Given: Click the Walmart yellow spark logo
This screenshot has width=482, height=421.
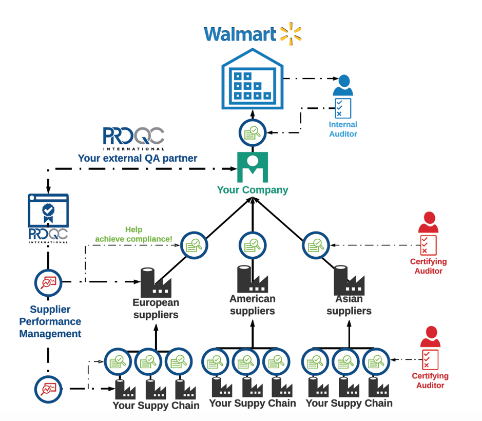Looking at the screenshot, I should (x=291, y=32).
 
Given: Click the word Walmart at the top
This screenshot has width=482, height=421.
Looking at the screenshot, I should (x=240, y=34).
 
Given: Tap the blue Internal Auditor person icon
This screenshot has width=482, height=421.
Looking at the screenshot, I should (x=343, y=85).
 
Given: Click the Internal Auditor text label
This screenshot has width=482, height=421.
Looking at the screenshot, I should (x=343, y=129).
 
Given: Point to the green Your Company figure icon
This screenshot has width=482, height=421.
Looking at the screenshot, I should (x=252, y=167).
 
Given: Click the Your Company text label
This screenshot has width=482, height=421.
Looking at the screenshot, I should (x=252, y=190).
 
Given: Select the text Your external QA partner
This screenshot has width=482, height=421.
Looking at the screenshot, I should (x=137, y=158).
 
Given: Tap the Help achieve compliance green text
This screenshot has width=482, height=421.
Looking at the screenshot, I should (x=133, y=234).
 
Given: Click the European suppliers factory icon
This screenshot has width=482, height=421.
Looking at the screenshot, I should (x=155, y=282).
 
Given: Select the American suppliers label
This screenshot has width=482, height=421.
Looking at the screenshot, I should (x=252, y=304).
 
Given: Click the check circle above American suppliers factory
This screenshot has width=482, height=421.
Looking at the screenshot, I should (x=252, y=245).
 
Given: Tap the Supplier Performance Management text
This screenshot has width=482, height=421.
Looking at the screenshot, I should (x=50, y=321).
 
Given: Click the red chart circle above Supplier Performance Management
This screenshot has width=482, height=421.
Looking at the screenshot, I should (x=48, y=282).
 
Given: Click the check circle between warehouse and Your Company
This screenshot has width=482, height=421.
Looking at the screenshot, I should (x=252, y=133).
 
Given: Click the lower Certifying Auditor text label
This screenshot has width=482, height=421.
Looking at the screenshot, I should (x=430, y=380).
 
